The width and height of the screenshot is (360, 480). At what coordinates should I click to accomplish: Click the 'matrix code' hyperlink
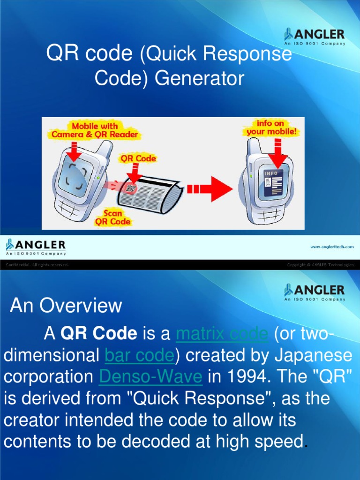[222, 334]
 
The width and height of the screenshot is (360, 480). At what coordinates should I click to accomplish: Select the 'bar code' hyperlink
[139, 356]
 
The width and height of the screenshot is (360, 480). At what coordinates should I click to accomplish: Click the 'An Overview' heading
[66, 306]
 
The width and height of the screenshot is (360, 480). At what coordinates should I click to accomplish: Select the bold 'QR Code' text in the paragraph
[99, 334]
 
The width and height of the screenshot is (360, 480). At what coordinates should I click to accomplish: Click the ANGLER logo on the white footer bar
[36, 247]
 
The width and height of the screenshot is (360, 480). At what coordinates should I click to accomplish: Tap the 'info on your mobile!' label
[271, 127]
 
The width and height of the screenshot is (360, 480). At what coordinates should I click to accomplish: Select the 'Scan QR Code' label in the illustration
[113, 217]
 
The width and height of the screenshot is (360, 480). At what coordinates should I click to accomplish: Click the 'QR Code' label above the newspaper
[138, 158]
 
